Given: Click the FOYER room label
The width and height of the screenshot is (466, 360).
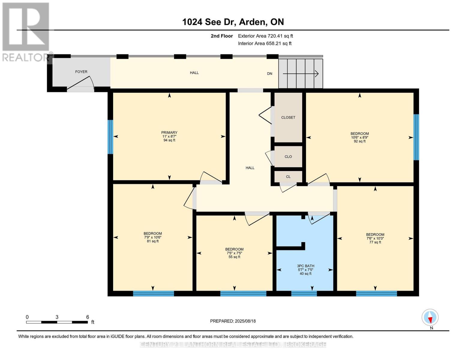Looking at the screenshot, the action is click(x=81, y=72).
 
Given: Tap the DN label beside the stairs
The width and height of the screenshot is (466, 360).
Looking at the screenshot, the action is click(x=269, y=73).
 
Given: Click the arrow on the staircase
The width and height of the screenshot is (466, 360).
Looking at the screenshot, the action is click(x=300, y=74).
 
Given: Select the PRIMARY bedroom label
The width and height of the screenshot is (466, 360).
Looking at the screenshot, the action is click(x=169, y=133).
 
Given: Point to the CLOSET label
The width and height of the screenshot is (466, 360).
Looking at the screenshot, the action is click(x=288, y=118).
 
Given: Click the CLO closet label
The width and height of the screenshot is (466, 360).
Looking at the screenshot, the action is click(x=288, y=157).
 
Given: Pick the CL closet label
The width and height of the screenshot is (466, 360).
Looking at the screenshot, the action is click(x=288, y=177).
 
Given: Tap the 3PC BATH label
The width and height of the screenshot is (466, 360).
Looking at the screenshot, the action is click(x=305, y=266).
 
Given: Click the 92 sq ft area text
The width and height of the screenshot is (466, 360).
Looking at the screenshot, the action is click(x=360, y=141).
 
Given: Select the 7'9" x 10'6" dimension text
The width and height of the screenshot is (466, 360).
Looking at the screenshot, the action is click(x=153, y=237).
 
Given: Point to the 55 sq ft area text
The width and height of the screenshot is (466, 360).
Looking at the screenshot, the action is click(x=234, y=257).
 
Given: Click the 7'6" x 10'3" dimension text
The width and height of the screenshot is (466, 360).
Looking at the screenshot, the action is click(x=375, y=238).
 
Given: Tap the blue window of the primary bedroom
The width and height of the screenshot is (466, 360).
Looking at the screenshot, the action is click(x=110, y=137).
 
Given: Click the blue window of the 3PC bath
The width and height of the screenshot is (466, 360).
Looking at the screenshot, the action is click(x=304, y=293).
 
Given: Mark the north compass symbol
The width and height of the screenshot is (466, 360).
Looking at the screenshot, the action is click(x=430, y=317).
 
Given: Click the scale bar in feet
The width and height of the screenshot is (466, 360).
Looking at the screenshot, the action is click(x=57, y=322).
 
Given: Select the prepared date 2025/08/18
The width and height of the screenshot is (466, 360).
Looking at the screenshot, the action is click(x=245, y=321).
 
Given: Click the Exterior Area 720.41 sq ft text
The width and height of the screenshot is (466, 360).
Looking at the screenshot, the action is click(x=265, y=36).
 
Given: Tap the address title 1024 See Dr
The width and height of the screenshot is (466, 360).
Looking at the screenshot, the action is click(x=208, y=22).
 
